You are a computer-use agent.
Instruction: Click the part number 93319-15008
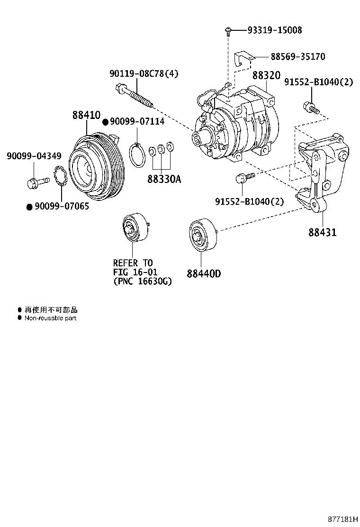tap(274, 30)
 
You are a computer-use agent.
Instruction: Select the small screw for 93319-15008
tap(228, 31)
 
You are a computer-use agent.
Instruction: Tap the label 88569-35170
tap(297, 57)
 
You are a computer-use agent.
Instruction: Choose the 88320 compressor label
tap(266, 76)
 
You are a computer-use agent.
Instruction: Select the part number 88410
tap(86, 115)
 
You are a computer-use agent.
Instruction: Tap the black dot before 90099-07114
tap(106, 122)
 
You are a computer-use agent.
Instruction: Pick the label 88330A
tap(161, 180)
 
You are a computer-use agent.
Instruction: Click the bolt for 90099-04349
tap(37, 181)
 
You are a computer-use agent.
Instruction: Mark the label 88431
tap(322, 233)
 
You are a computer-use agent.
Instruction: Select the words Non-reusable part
tap(50, 318)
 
